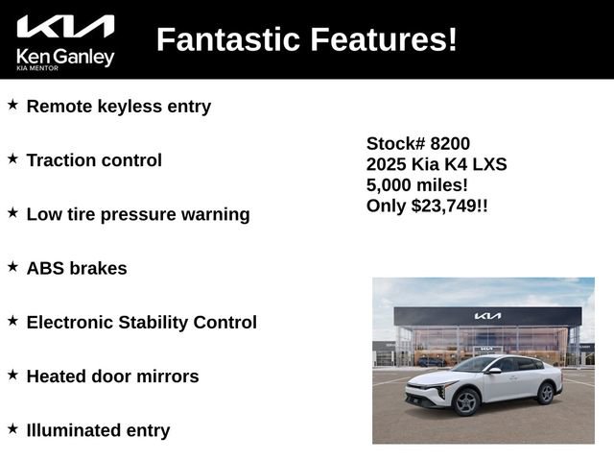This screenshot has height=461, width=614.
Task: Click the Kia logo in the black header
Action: coord(65,26)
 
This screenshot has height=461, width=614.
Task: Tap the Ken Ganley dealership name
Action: coord(65,57)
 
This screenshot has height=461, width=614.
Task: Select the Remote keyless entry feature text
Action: coord(119,106)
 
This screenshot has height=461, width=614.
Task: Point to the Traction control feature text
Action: coord(94,160)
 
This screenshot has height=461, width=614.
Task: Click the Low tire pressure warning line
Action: coord(138,214)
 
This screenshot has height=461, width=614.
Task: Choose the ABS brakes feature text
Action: coord(77,268)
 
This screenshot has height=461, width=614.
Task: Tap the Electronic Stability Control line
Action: coord(142,322)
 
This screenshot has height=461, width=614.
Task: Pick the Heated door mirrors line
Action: coord(113,376)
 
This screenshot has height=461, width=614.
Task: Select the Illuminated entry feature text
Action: coord(98,430)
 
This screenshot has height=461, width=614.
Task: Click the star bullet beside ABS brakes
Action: coord(12,266)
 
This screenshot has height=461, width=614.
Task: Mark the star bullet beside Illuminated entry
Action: coord(12,428)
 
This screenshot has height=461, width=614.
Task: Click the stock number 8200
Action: coord(450,143)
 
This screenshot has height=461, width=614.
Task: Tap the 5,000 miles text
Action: coord(417,184)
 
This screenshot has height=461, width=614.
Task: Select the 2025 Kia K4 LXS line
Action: coord(437,164)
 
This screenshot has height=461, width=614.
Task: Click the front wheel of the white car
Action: coord(467,401)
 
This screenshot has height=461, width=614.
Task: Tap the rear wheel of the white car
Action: coord(546,392)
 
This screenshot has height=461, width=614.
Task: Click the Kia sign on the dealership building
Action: coord(487,316)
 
